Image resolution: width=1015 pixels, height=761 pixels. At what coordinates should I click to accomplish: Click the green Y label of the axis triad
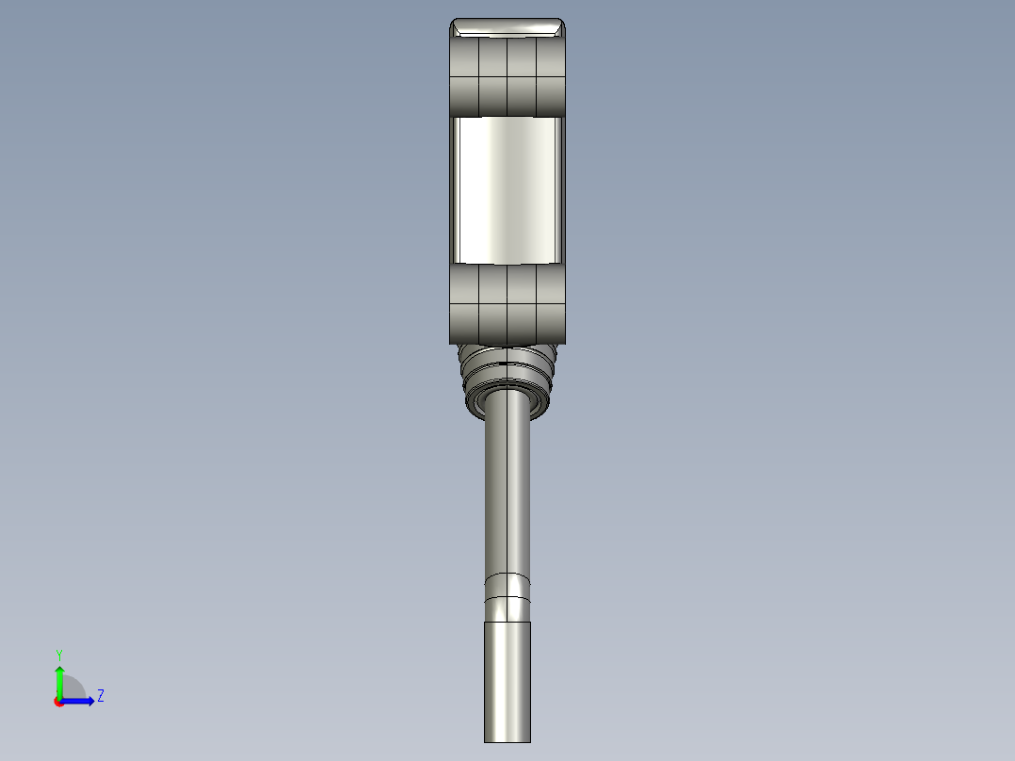click(58, 655)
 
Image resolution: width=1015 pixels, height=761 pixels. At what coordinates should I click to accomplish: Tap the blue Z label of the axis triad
click(100, 696)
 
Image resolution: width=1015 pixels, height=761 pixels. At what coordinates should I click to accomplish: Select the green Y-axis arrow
click(58, 678)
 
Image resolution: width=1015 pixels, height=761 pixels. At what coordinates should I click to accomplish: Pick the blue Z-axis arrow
click(79, 701)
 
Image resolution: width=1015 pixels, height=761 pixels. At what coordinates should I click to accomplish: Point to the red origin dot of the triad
click(58, 702)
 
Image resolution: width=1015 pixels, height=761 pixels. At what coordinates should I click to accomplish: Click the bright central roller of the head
click(507, 189)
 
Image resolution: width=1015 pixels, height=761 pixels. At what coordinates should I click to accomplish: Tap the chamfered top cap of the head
click(507, 27)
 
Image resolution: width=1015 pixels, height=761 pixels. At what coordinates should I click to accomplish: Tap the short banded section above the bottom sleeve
click(507, 599)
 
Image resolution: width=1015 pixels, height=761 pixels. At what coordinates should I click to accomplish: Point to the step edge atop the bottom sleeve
click(507, 623)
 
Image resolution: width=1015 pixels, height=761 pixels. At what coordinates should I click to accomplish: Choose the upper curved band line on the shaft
click(507, 574)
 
